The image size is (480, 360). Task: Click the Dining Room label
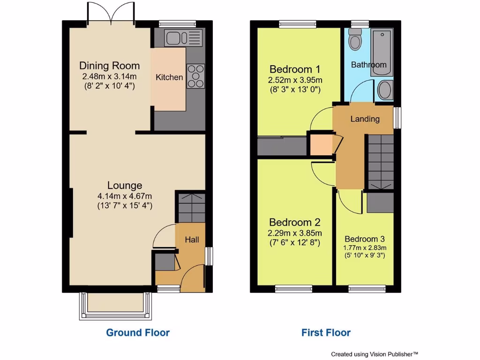(109, 66)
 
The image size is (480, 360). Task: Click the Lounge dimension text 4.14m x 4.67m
(125, 196)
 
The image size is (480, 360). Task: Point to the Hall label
(192, 240)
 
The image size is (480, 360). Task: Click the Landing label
(365, 119)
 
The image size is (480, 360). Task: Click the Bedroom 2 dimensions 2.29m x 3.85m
(295, 233)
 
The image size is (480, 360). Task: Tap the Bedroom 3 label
(364, 239)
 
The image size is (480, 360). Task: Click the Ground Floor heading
(138, 333)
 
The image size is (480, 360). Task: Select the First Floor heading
(326, 333)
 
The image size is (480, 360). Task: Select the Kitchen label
(169, 77)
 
